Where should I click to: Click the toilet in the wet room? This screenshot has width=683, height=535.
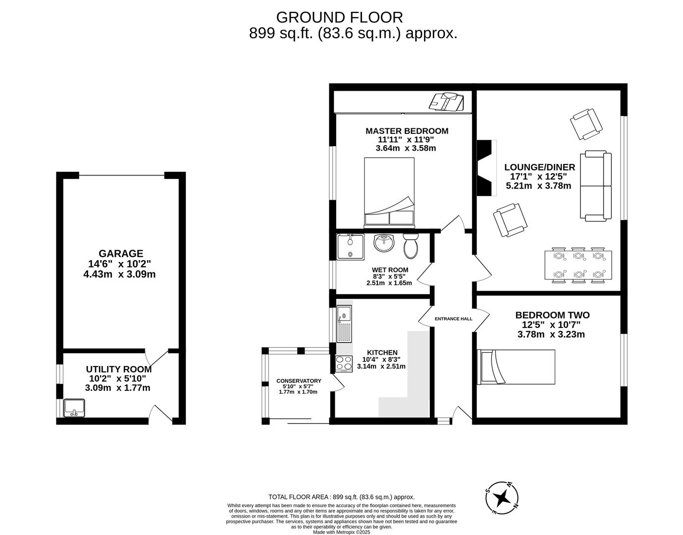[x=411, y=246]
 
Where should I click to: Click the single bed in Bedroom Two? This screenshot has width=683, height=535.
[x=516, y=367]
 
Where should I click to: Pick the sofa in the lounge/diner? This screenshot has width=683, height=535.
[x=596, y=186]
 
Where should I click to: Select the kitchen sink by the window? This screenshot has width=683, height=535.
[x=343, y=324]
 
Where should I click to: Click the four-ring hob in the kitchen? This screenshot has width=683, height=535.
[x=344, y=364]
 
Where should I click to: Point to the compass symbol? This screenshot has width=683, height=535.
[x=502, y=497]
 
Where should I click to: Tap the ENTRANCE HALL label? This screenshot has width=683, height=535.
[x=453, y=319]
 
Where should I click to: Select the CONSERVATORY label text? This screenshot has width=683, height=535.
[x=299, y=381]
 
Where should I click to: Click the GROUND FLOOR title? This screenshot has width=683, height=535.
[x=339, y=17]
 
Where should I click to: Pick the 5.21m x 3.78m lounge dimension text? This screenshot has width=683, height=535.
[x=538, y=186]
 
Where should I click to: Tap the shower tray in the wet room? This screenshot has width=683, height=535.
[x=350, y=247]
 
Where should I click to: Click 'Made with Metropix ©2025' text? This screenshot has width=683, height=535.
[x=341, y=533]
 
